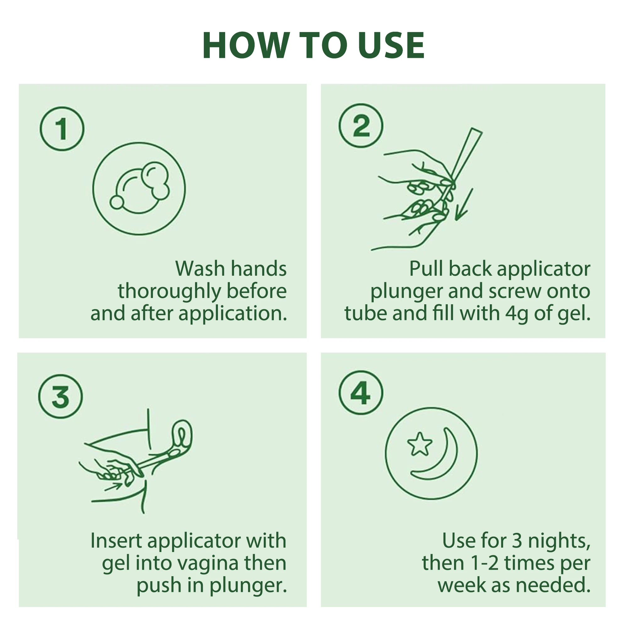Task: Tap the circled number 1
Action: point(62,129)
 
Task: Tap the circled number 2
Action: point(361,126)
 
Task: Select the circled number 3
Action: point(61,397)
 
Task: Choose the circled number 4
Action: point(361,393)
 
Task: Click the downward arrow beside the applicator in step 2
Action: point(464,204)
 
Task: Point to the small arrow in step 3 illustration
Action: point(113,487)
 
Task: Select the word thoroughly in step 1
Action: point(169,292)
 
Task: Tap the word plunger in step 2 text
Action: point(407,292)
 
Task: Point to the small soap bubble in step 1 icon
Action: point(117,202)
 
